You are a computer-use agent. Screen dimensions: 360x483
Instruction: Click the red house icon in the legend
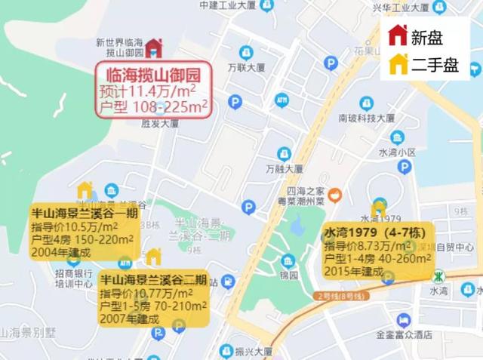[x=398, y=35]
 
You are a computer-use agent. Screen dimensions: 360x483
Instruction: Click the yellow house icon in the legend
[x=398, y=65]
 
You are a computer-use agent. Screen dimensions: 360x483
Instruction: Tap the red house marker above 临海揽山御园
[x=153, y=48]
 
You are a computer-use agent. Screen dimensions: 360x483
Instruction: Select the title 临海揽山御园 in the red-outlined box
[x=152, y=75]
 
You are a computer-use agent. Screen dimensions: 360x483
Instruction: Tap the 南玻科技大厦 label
[x=367, y=118]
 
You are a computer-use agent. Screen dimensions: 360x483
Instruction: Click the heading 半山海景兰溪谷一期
[x=85, y=213]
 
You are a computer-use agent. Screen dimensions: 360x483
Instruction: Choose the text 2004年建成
[x=60, y=252]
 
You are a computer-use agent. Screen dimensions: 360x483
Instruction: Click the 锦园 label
[x=287, y=276]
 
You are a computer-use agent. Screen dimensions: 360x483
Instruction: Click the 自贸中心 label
[x=455, y=247]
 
